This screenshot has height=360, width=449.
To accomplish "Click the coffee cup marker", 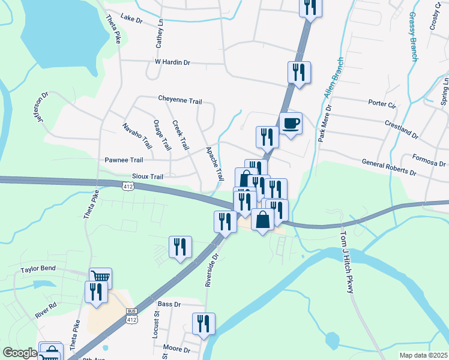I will point(291,124).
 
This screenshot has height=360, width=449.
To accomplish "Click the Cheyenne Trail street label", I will point(179,100).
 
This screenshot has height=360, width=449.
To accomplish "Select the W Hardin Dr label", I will point(172,62).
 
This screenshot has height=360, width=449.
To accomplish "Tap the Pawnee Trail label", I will point(124,160).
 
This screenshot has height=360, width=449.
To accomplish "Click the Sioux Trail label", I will point(148,177).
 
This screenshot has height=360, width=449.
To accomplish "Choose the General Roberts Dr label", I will point(389,167).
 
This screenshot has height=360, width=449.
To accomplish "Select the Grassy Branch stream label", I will point(413,36).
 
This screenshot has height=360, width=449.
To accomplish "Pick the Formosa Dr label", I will point(429,160).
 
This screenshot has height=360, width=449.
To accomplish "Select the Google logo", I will point(20,353).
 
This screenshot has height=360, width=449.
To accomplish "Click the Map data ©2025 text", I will point(423,355).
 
